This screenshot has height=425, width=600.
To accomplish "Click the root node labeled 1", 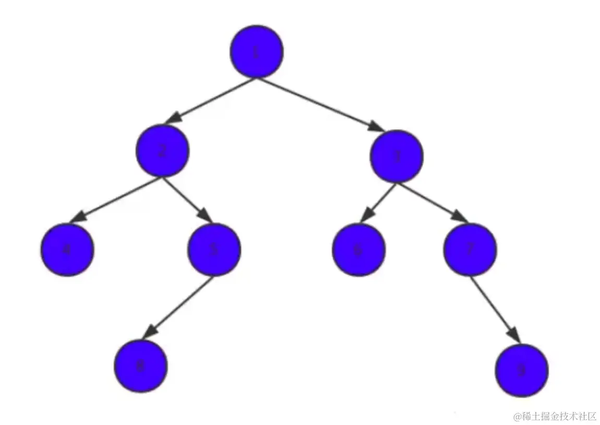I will click(x=256, y=51).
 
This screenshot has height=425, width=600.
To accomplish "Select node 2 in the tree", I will click(x=162, y=151).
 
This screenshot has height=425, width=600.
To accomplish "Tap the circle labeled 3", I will click(x=397, y=156).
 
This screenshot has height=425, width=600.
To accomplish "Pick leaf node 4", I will click(x=67, y=250).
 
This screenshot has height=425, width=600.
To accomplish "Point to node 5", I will click(x=214, y=250).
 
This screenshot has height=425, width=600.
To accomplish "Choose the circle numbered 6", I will click(x=358, y=250).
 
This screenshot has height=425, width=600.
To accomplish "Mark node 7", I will click(x=470, y=250).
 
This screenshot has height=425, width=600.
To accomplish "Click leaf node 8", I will click(x=140, y=366).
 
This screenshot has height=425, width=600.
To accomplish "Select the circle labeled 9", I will click(x=521, y=370).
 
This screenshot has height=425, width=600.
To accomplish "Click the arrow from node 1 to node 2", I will click(x=211, y=100).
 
